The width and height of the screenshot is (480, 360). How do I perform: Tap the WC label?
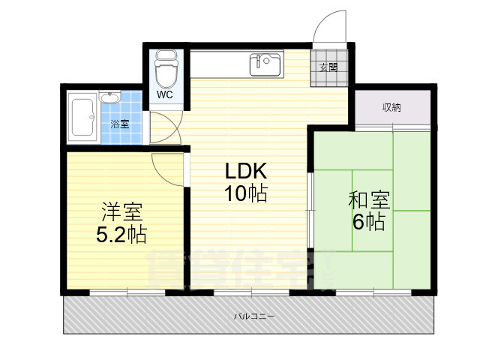tap(165, 95)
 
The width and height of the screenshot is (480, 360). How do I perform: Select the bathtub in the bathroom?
tap(80, 118)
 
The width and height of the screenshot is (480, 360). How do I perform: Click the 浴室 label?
tap(120, 124)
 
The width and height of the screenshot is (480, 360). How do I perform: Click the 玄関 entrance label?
tap(328, 67)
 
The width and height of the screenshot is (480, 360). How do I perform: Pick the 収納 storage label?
tap(391, 107)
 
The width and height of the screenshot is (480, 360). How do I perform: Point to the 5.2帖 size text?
tap(120, 235)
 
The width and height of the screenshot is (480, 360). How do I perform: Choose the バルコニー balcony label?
tap(254, 316)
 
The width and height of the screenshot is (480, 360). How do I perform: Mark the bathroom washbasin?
tap(109, 98)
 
